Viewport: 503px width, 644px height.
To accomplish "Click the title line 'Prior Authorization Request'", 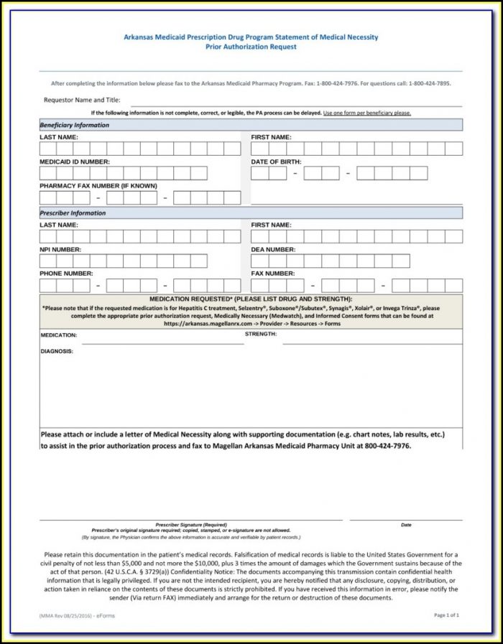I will pos(251,47).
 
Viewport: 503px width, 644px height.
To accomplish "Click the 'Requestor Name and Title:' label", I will pos(82,101).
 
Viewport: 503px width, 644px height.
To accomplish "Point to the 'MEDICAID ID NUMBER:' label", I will pos(75,162).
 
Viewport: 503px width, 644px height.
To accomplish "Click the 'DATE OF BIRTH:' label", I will pos(276,162).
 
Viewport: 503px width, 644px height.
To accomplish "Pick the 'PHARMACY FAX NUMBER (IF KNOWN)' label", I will pos(98,186).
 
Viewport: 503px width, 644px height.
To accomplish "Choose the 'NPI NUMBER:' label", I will pos(60,249).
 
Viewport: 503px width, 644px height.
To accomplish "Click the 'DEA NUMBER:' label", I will pos(273,249).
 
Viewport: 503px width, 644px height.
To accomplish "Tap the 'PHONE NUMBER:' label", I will pos(66,274).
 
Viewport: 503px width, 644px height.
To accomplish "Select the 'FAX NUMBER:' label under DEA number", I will pos(272,274).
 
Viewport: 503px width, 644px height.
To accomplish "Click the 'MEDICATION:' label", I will pos(59,335).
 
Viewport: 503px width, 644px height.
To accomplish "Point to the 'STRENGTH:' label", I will pos(261,334).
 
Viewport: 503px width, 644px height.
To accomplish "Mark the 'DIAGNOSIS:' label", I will pos(57,351).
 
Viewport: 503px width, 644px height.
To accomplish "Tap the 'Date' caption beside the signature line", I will pos(406,525).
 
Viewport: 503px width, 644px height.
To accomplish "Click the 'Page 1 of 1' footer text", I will pos(446,615).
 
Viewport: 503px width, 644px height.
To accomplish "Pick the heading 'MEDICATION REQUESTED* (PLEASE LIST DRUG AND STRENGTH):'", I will pos(251,299).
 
